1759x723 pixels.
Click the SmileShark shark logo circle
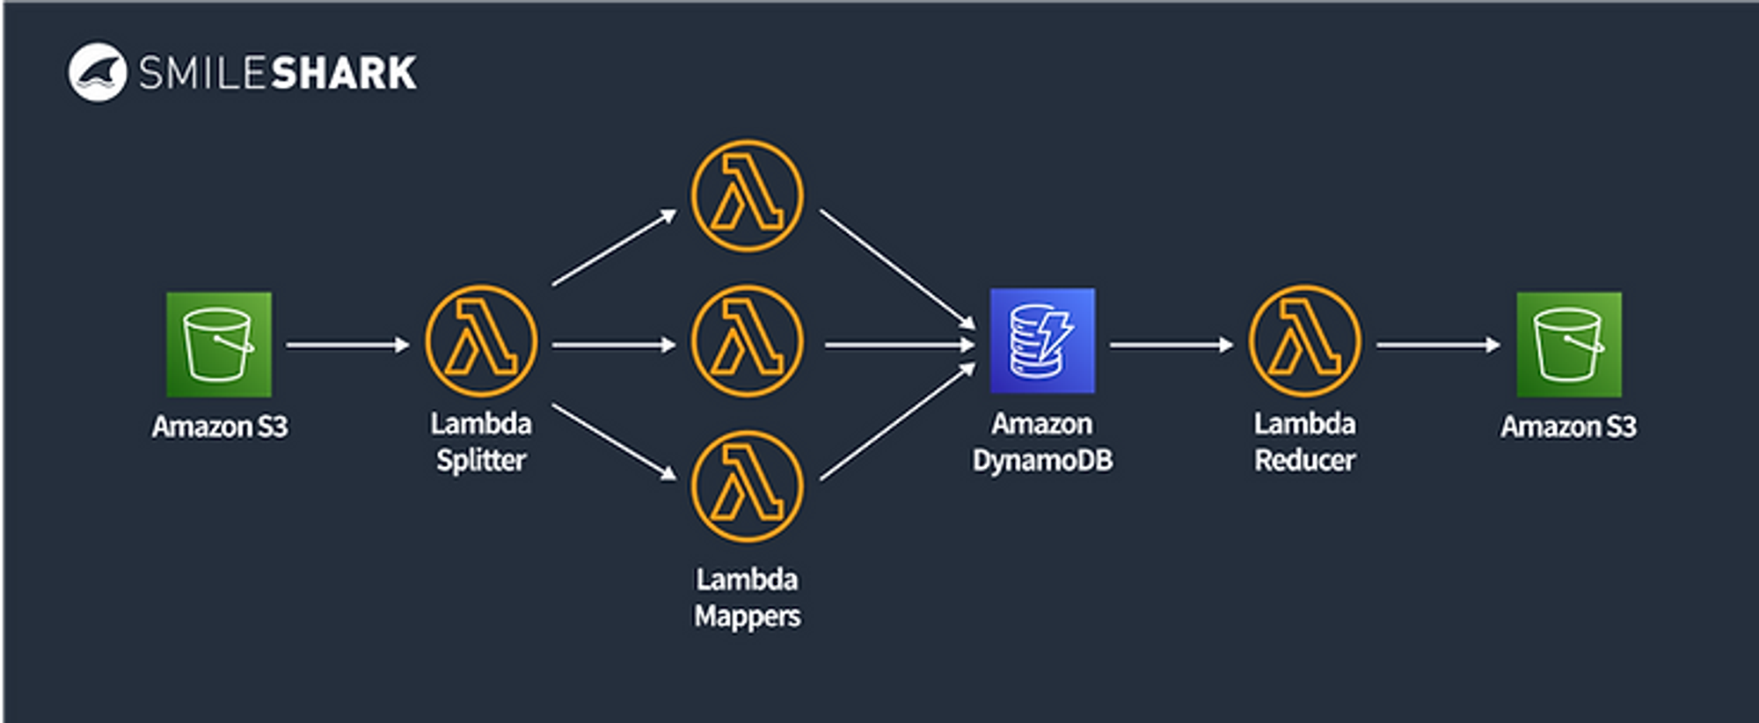click(98, 72)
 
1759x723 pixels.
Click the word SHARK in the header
click(344, 73)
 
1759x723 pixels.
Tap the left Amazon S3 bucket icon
click(219, 344)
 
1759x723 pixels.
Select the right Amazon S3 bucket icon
click(1569, 344)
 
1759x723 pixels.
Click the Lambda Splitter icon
click(481, 340)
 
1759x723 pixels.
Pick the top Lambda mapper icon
click(747, 196)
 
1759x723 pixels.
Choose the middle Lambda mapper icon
click(747, 340)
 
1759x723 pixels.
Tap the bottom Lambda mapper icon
click(747, 486)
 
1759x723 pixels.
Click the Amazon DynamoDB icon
click(1042, 340)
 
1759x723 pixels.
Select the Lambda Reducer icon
click(1305, 340)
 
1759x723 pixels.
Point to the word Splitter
click(481, 461)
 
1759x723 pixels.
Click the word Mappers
click(748, 617)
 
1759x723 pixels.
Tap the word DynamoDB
click(1042, 460)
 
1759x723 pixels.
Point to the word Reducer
click(1305, 460)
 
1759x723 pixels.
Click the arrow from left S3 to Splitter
click(348, 345)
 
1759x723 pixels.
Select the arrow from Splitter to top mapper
click(615, 247)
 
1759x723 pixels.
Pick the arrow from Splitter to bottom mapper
click(615, 442)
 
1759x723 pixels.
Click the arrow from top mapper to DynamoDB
click(897, 269)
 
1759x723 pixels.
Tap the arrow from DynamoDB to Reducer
click(1171, 345)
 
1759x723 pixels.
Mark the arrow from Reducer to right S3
click(1439, 345)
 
